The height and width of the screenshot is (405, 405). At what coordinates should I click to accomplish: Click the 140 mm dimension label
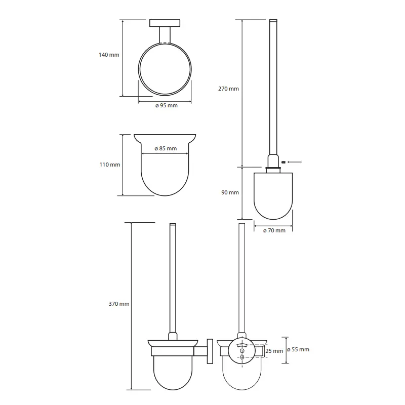(109, 55)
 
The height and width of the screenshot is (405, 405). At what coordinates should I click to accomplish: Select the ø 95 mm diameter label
(167, 105)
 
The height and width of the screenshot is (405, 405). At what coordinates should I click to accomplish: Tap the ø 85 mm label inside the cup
(166, 148)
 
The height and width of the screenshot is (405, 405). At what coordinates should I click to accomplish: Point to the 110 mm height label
(110, 165)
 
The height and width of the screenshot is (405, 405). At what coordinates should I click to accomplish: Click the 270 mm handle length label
(229, 89)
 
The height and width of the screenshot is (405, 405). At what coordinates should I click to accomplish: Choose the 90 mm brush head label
(230, 192)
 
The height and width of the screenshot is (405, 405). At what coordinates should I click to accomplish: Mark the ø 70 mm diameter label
(274, 230)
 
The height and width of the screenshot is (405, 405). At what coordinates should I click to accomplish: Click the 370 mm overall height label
(119, 304)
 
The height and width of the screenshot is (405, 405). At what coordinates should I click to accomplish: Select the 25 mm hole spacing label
(274, 351)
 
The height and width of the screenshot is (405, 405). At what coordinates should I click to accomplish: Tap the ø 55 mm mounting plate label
(298, 349)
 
